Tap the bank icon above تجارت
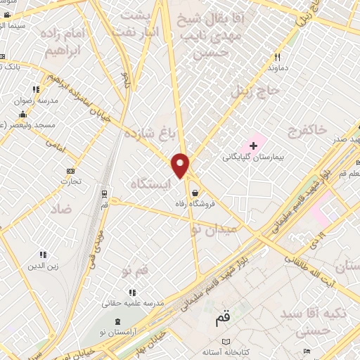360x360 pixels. click(70, 171)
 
